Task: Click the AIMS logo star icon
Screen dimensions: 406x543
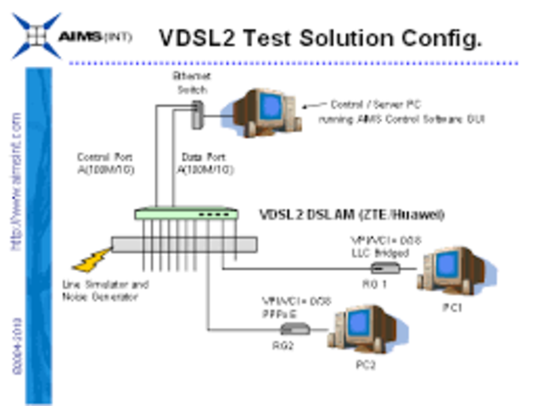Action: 34,36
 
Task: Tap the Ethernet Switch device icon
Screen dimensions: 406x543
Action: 198,114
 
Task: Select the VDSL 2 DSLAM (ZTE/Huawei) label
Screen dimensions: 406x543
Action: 351,214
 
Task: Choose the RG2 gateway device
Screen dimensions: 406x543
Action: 294,328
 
